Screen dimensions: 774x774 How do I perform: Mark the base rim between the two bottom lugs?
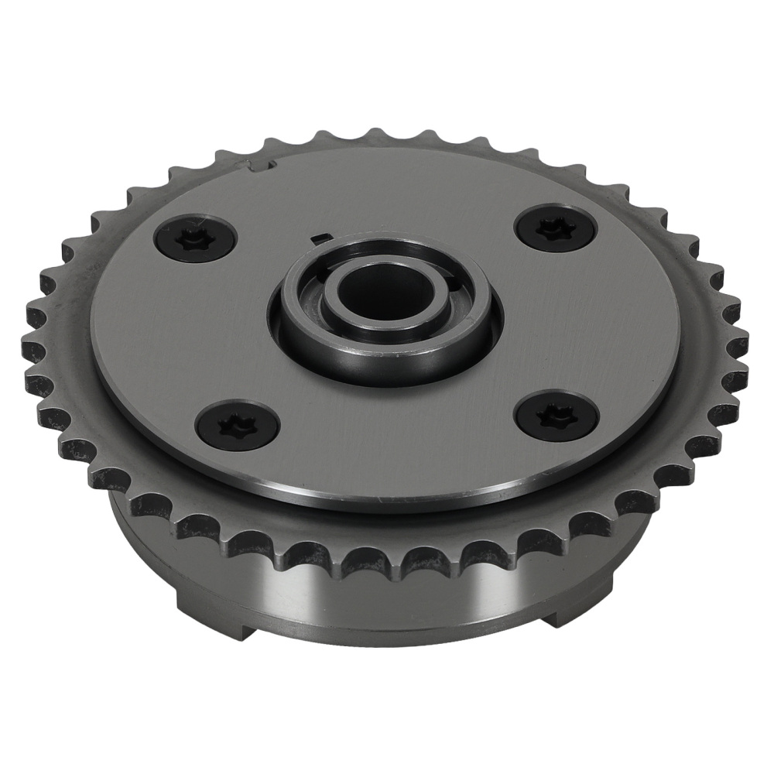pos(387,639)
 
